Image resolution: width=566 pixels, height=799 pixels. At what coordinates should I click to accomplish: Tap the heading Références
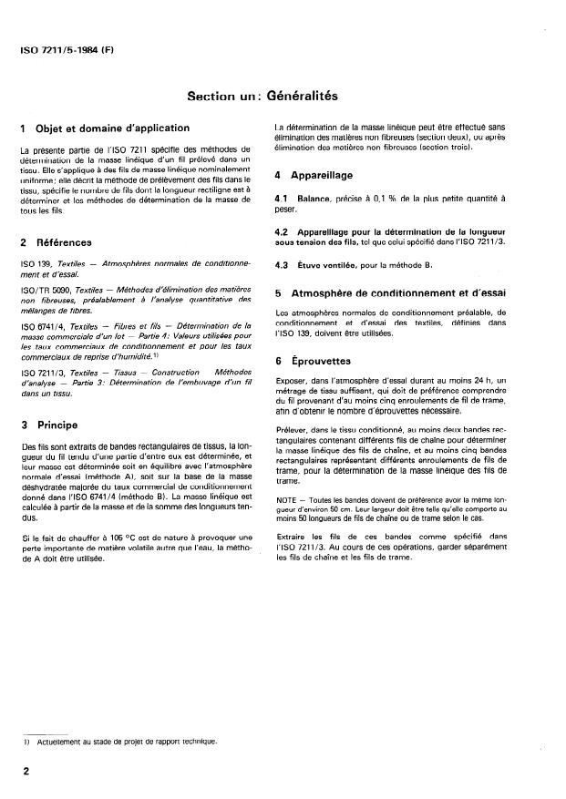pos(61,242)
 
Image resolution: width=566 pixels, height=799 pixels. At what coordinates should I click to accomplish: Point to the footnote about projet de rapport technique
pos(123,742)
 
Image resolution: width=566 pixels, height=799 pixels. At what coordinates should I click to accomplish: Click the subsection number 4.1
pos(283,198)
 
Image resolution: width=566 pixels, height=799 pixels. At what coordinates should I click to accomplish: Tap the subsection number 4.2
pos(283,231)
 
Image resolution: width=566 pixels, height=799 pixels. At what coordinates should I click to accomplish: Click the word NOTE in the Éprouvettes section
pos(287,500)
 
